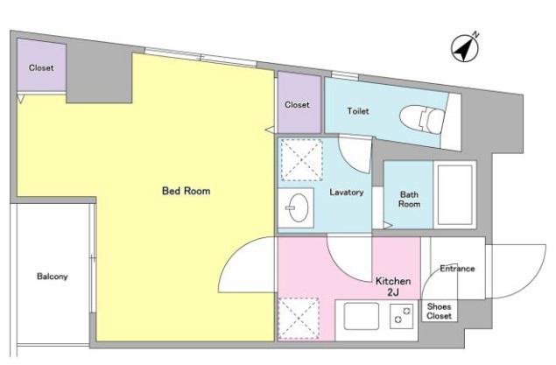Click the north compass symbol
pos(465,48)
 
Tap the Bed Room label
pos(186,191)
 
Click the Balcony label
pos(53,277)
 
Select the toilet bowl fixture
pos(422,119)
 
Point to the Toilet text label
pos(358,111)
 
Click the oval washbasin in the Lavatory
pos(298,207)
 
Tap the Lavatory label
pos(347,192)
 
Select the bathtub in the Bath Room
pos(455,195)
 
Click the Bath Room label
pos(409,200)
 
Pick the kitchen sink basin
pos(361,316)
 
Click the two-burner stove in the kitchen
pos(402,316)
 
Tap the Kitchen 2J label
pos(393,286)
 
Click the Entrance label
pos(457,269)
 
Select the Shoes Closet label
pos(439,311)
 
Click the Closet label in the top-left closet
pos(41,67)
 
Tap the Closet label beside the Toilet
pos(297,105)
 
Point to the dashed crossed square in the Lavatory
pos(301,160)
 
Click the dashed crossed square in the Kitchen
pos(299,319)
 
